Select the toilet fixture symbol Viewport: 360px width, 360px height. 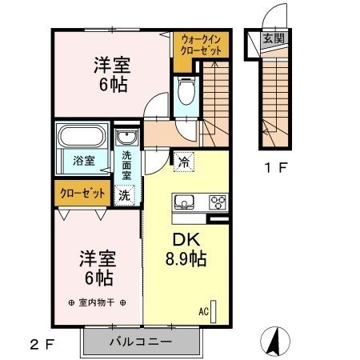pos(186,92)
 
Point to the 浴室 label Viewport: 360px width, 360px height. pos(84,160)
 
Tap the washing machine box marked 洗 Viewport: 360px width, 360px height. pos(125,194)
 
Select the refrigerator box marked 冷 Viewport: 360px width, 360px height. pos(185,160)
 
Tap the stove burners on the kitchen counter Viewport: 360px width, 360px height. pos(217,202)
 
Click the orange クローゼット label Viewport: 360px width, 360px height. pos(82,193)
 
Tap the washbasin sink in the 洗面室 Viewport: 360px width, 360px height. pos(126,140)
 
